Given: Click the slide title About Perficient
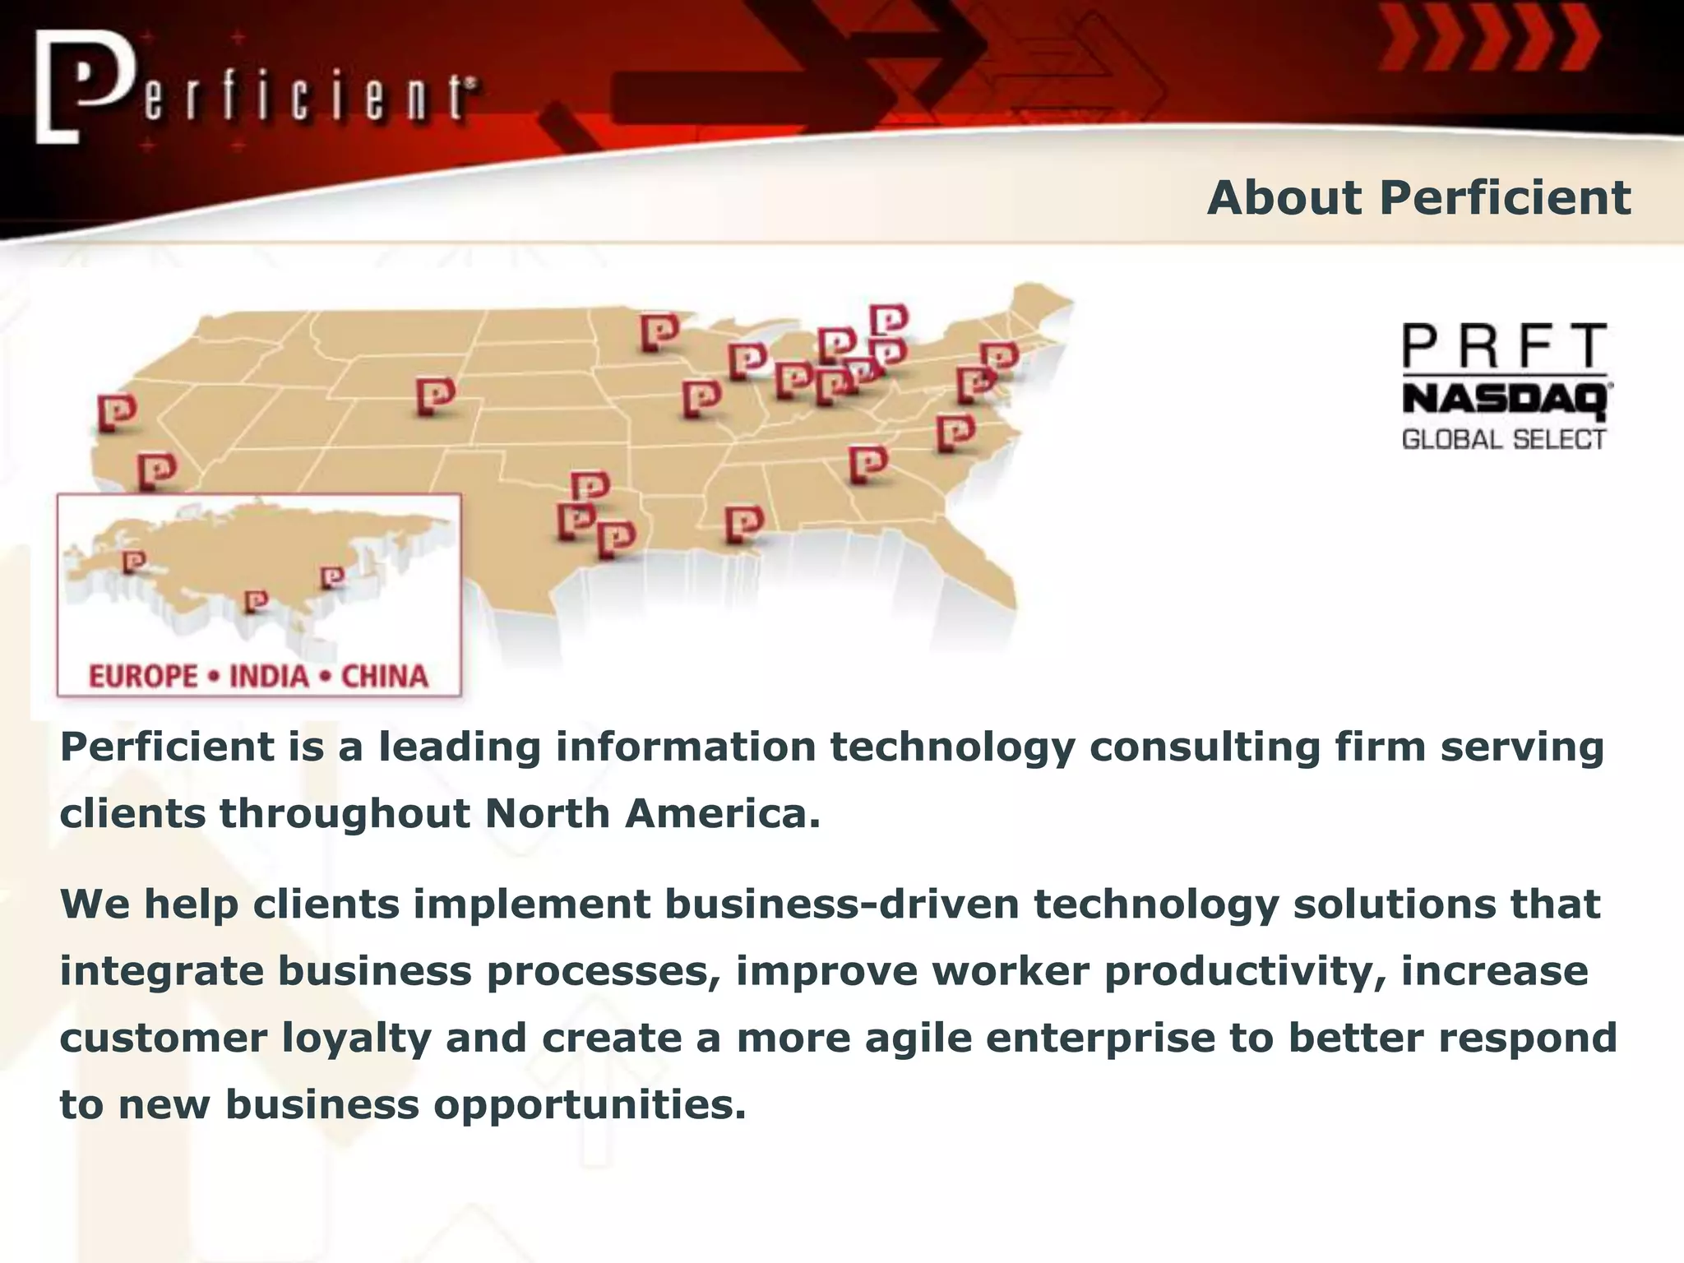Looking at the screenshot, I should (x=1418, y=198).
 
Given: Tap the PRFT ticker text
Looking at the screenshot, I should (x=1504, y=346).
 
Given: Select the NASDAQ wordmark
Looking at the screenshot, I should (x=1506, y=400).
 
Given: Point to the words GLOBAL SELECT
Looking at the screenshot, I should (x=1503, y=439).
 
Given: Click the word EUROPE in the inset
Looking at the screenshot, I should (x=143, y=677).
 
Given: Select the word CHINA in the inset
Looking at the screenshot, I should (x=384, y=677).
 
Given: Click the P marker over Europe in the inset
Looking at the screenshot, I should (x=133, y=562).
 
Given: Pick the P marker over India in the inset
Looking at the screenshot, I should (x=256, y=602).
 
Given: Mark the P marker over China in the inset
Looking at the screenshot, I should (x=331, y=577).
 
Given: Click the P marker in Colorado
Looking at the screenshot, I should (x=435, y=396).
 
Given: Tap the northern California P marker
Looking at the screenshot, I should (x=117, y=412).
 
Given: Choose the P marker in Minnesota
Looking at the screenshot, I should (x=659, y=332).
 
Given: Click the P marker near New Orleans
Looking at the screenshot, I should (x=744, y=524).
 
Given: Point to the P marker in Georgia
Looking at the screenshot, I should (x=867, y=464).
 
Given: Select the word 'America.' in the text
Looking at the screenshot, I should (x=722, y=814).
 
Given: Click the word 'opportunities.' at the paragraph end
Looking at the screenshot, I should (x=590, y=1104).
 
